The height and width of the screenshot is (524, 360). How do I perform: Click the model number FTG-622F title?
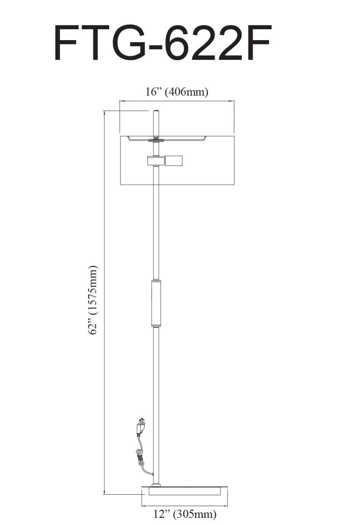tap(163, 43)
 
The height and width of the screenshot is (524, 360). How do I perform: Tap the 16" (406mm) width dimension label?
tap(177, 92)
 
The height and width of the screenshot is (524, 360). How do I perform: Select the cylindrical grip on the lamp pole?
tap(156, 303)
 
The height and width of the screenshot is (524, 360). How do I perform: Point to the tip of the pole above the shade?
tap(156, 110)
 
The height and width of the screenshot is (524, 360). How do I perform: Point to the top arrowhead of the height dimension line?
tap(104, 113)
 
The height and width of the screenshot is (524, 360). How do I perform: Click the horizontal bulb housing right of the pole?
tap(173, 161)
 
